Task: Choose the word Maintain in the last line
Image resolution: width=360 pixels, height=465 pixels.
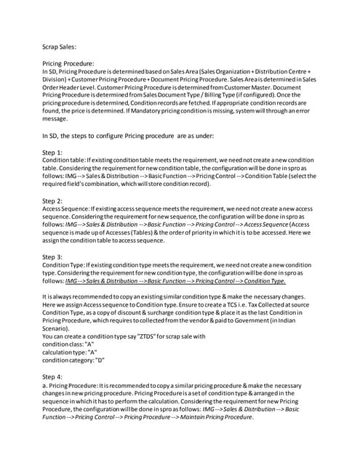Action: pyautogui.click(x=187, y=418)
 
